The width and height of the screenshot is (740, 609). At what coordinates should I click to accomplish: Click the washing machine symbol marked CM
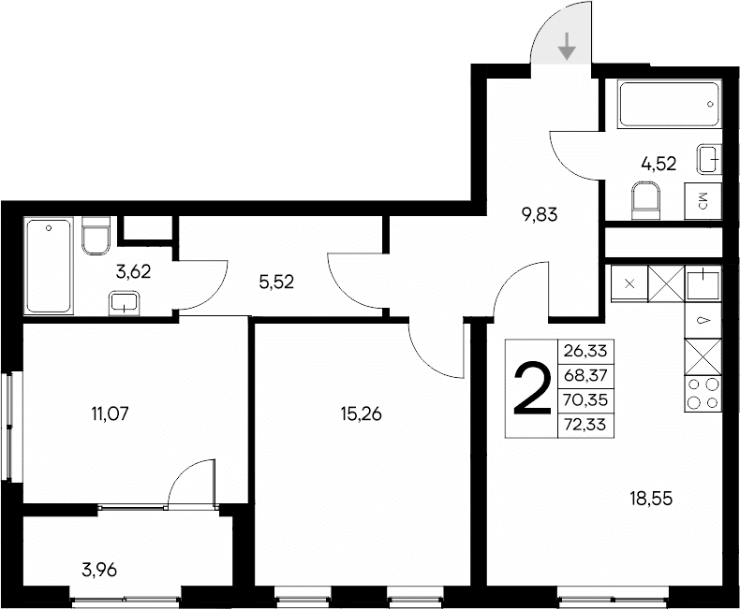point(703,199)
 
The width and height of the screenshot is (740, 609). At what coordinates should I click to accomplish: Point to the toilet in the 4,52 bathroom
point(645,199)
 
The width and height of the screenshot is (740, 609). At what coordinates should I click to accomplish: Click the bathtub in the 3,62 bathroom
point(50,266)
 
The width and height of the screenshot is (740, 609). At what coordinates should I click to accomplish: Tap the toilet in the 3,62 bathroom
point(96,237)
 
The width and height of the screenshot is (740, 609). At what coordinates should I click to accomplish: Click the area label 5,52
point(276,280)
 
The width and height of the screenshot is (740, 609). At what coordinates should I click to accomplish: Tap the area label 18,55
point(650,499)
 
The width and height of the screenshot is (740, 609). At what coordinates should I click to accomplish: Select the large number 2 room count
point(530,388)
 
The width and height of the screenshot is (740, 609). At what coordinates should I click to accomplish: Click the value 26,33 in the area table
point(585,350)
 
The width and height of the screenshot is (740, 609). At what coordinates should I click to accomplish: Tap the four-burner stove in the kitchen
point(703,393)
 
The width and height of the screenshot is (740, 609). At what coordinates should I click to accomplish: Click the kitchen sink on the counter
point(703,283)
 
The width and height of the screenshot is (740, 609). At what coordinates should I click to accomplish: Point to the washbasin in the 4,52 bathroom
point(709,160)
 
